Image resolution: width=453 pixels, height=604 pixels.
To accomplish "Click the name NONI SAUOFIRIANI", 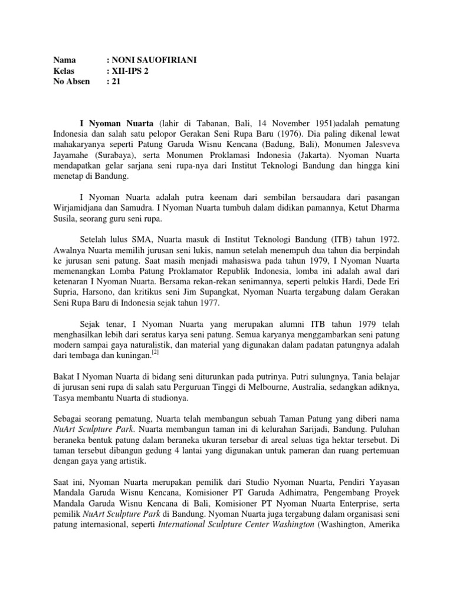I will [156, 60].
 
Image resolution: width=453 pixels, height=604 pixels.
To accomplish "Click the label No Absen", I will [71, 81].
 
